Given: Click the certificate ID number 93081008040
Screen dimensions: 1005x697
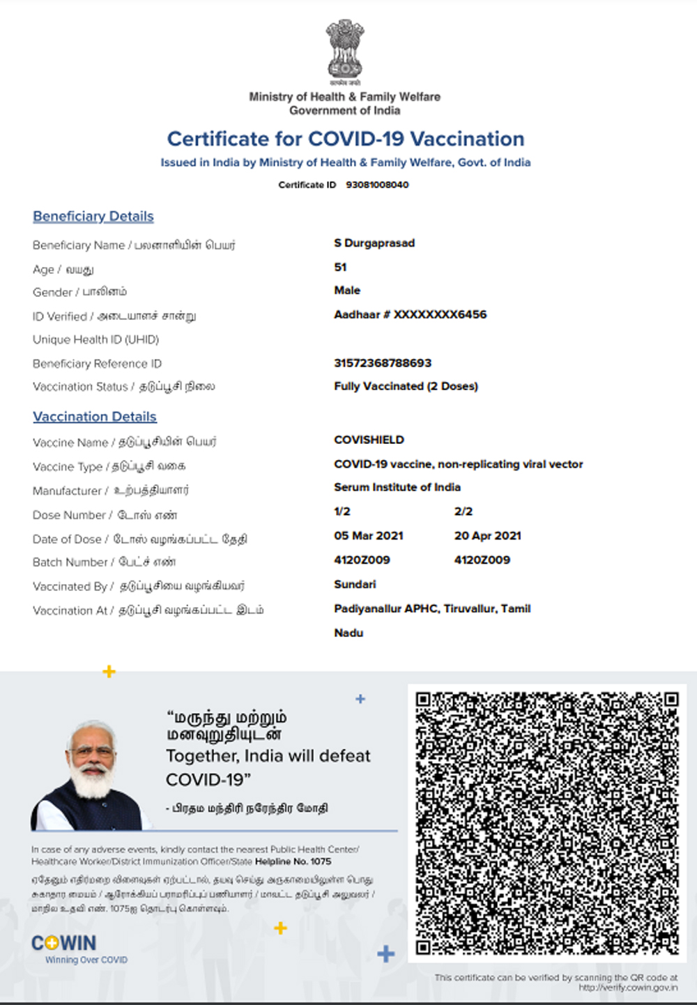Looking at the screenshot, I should click(x=377, y=185).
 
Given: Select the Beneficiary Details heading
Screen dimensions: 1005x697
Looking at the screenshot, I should click(x=93, y=217).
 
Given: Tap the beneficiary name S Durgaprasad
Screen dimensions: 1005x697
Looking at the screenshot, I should click(x=374, y=243).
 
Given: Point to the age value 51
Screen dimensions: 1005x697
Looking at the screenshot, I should click(x=340, y=267).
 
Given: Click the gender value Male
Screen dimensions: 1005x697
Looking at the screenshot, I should click(x=347, y=291).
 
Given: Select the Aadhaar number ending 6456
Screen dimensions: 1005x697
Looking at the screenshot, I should click(x=410, y=314).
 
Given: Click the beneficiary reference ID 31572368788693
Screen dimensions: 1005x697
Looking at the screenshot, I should click(x=383, y=363).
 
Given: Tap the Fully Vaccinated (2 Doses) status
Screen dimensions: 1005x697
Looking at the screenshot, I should click(x=406, y=386).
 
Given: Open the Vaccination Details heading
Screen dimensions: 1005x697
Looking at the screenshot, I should click(x=95, y=417).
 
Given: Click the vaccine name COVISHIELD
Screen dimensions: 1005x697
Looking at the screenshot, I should click(x=369, y=440).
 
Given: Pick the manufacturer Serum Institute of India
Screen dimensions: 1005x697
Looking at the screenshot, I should click(x=397, y=487).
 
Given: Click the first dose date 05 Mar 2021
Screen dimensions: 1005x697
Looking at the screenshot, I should click(x=369, y=536).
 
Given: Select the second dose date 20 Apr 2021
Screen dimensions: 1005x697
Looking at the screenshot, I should click(x=488, y=536).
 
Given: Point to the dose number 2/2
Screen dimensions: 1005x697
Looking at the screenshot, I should click(x=464, y=512).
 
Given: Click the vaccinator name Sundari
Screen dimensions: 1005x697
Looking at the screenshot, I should click(x=355, y=584).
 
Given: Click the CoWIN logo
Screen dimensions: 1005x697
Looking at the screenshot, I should click(x=64, y=944).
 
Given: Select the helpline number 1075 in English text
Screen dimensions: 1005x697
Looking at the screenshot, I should click(x=321, y=861).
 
